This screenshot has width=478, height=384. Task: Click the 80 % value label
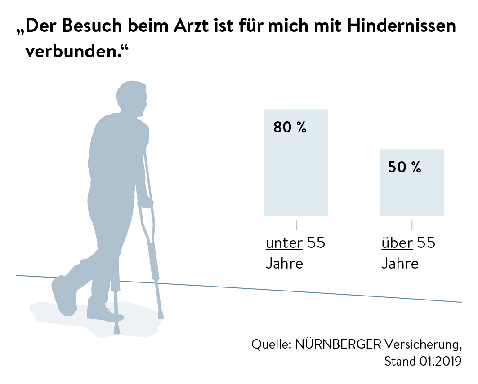[x=290, y=128]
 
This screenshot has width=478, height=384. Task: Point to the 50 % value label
[x=404, y=168]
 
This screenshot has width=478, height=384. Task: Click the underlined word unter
[x=284, y=243]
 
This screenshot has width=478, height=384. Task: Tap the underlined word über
[x=397, y=243]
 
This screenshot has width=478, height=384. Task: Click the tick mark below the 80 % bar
[x=296, y=225]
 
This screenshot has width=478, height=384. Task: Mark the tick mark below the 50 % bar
[x=411, y=225]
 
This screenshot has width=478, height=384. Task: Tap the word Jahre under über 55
[x=400, y=263]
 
